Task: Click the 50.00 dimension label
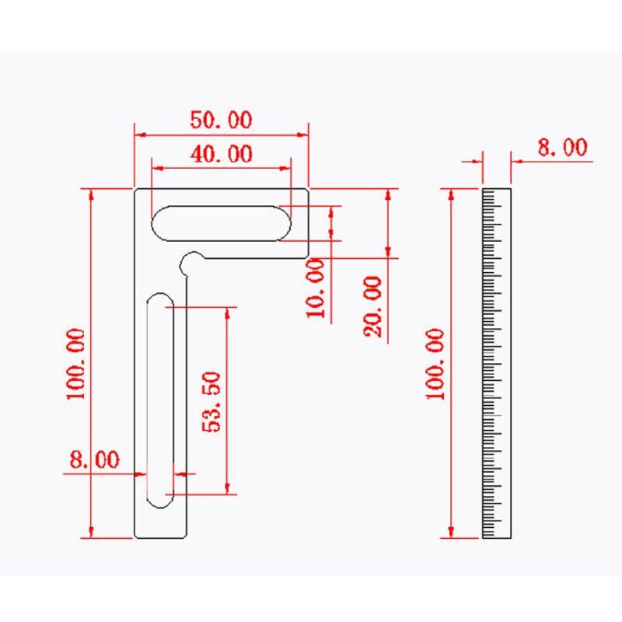coord(222,121)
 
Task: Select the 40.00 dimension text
coord(222,154)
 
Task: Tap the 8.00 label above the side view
coord(561,147)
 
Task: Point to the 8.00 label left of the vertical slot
coord(95,460)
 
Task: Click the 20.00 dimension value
coord(373,306)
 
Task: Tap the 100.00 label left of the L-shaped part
coord(75,363)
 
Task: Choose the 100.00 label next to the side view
coord(435,363)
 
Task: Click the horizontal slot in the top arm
coord(222,224)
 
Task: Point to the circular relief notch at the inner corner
coord(190,262)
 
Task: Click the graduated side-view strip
coord(497,363)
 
